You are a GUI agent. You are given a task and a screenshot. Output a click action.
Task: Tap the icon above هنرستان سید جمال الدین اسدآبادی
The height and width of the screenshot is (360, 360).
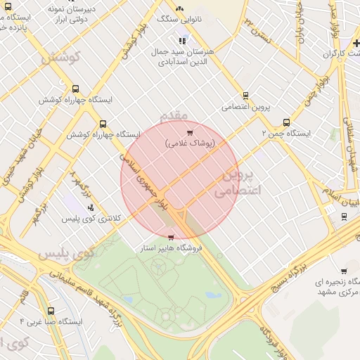(184, 39)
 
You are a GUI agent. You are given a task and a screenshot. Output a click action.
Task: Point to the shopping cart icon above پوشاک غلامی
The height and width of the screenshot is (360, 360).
(190, 132)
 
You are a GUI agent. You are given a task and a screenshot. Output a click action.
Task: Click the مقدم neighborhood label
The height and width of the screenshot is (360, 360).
(174, 115)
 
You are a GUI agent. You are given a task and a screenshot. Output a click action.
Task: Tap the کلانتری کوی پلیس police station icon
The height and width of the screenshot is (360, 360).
(90, 207)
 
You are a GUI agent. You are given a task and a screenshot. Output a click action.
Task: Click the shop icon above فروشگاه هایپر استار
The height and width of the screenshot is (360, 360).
(172, 238)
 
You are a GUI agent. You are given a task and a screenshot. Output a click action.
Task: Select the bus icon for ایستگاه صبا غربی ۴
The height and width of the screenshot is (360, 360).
(50, 310)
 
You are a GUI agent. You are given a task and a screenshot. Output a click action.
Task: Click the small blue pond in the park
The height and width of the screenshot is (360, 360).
(210, 294)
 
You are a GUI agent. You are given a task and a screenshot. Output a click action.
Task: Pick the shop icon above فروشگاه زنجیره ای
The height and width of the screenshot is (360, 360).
(343, 271)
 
